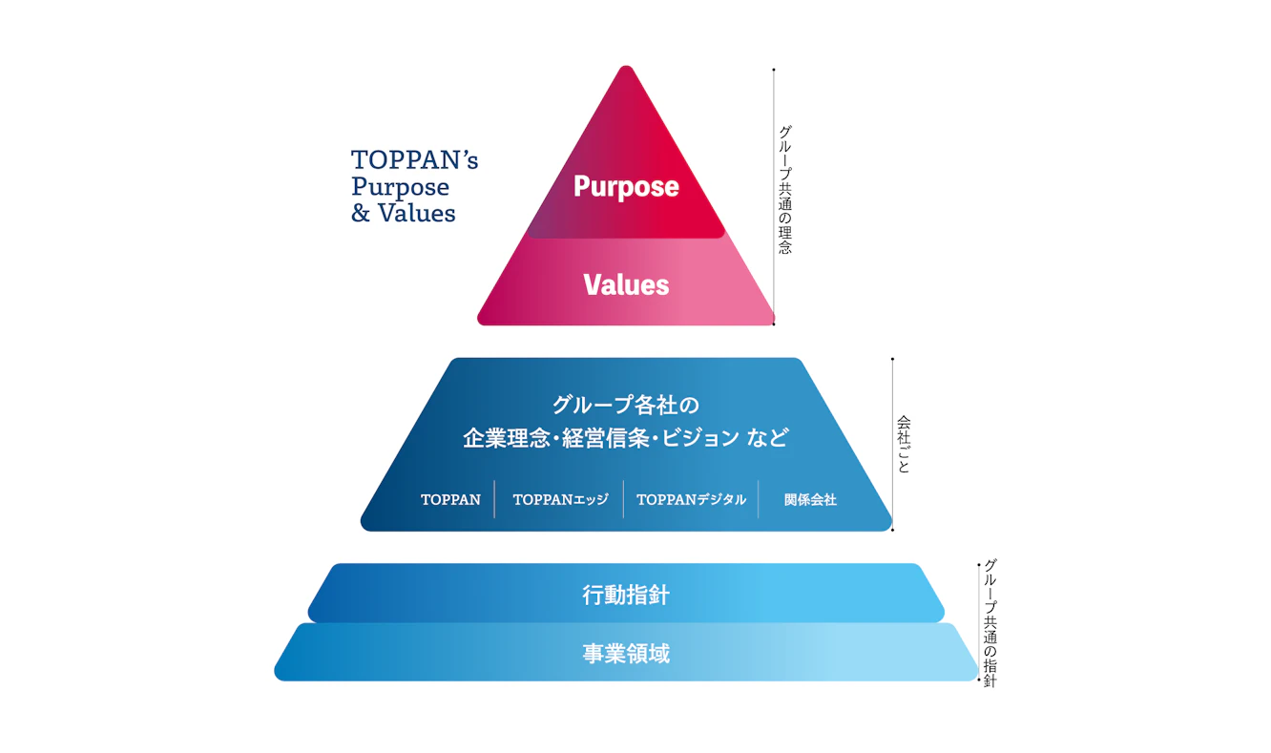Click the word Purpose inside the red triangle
point(626,187)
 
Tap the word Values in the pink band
point(626,284)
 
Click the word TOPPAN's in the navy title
point(414,160)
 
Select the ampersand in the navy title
point(361,213)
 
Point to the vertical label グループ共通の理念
point(784,190)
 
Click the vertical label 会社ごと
point(904,445)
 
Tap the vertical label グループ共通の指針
point(990,623)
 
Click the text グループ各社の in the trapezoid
point(626,405)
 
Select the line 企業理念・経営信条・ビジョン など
point(626,437)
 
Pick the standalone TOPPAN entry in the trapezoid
point(450,499)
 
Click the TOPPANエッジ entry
point(561,499)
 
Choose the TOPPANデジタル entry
point(691,499)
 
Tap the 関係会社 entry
point(810,499)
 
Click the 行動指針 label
point(626,595)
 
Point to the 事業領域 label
point(626,653)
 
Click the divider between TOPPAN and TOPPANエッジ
point(494,499)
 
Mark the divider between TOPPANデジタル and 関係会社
point(758,499)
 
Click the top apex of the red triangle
point(626,67)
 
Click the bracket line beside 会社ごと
point(892,445)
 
